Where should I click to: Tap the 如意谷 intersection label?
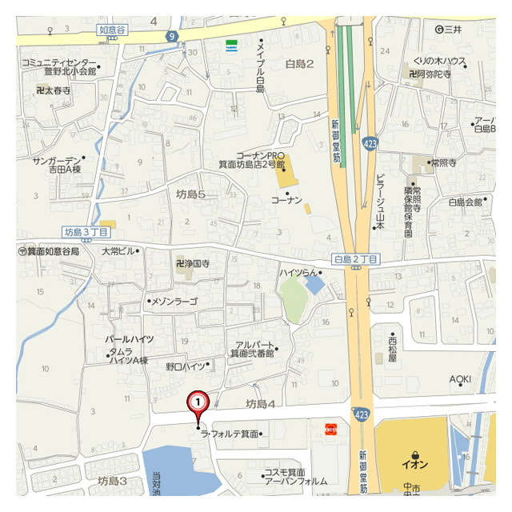(113, 30)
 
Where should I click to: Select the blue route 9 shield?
(172, 36)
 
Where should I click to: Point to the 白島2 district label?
(300, 63)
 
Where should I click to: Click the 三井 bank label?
(449, 30)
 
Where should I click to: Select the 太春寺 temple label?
(54, 91)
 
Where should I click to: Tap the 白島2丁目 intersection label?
(355, 259)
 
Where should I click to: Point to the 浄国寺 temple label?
(193, 263)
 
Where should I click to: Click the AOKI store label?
(460, 378)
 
